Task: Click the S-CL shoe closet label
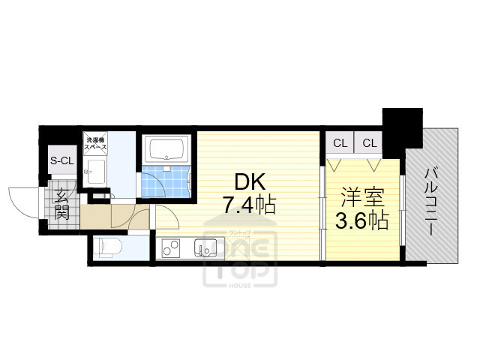(x=62, y=160)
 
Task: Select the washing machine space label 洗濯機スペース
(x=95, y=144)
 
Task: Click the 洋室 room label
(x=363, y=199)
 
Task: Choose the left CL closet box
(x=340, y=142)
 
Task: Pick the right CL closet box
(x=369, y=142)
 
